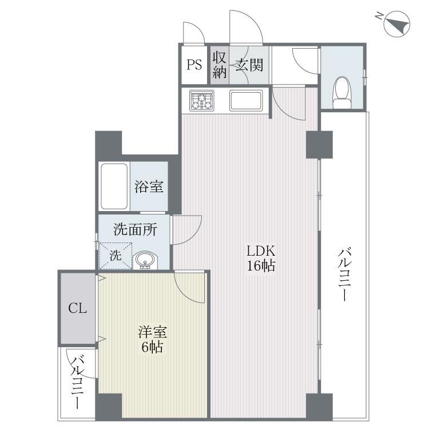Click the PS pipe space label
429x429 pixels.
pyautogui.click(x=194, y=65)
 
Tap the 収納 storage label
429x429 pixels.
pyautogui.click(x=220, y=65)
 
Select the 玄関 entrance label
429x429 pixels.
pyautogui.click(x=249, y=65)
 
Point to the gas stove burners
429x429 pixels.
pyautogui.click(x=202, y=100)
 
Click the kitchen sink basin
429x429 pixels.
pyautogui.click(x=246, y=101)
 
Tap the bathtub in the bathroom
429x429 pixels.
pyautogui.click(x=114, y=186)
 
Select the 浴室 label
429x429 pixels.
pyautogui.click(x=149, y=186)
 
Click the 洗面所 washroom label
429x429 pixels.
pyautogui.click(x=136, y=229)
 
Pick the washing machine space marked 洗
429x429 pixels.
pyautogui.click(x=116, y=256)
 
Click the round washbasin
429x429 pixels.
pyautogui.click(x=145, y=260)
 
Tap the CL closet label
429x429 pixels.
pyautogui.click(x=77, y=308)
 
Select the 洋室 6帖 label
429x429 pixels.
pyautogui.click(x=152, y=339)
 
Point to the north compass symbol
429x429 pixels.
pyautogui.click(x=397, y=23)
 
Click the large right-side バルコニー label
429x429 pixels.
pyautogui.click(x=345, y=274)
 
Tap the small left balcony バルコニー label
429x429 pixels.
pyautogui.click(x=77, y=383)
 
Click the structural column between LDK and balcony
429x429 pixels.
pyautogui.click(x=319, y=145)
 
